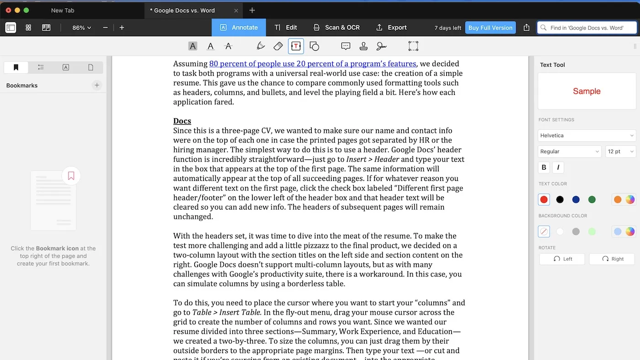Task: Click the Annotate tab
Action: coord(239,27)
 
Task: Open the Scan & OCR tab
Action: coord(336,27)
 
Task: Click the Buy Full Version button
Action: coord(490,28)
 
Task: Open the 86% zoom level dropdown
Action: coord(81,28)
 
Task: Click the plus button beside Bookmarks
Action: coord(96,85)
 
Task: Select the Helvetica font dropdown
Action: coord(587,135)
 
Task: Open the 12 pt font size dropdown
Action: coord(620,151)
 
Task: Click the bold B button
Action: coord(544,167)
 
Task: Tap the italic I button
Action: coord(558,167)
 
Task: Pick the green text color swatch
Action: coord(592,200)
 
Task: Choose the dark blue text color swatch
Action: coord(576,200)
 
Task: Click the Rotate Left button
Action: coord(563,259)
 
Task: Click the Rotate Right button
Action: coord(612,259)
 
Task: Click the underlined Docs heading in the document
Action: coord(182,121)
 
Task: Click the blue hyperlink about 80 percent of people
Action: coord(312,64)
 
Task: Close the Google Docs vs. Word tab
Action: coord(236,11)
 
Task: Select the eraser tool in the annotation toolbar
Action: coord(278,46)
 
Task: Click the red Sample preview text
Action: coord(587,91)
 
